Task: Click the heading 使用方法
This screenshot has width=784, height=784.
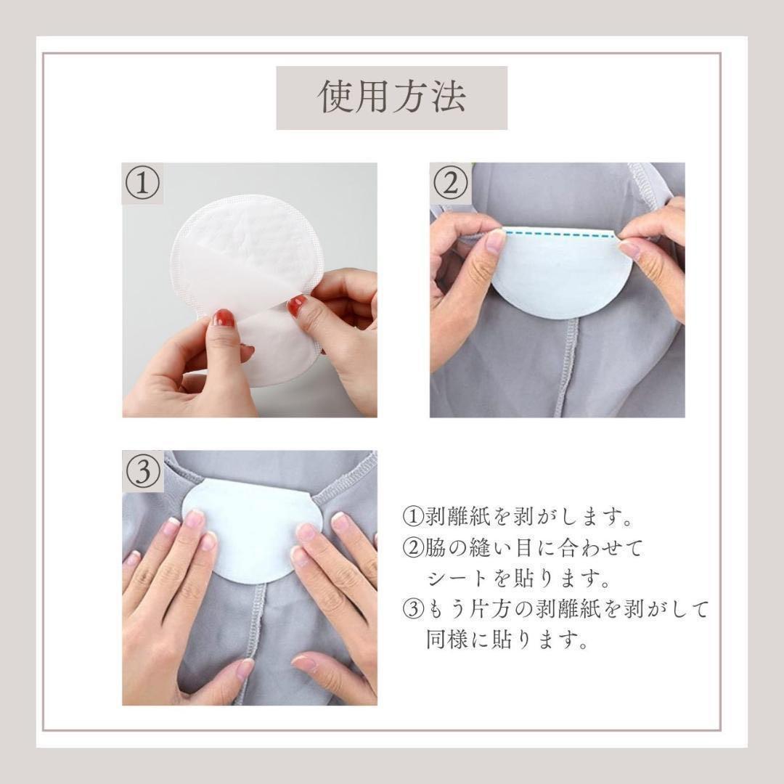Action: pos(392,97)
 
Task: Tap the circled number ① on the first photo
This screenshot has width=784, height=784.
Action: pos(142,183)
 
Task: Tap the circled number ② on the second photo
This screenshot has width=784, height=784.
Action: pos(450,183)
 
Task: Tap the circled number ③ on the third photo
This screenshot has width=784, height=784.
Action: pos(142,472)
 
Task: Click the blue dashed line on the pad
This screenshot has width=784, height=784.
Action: pos(559,234)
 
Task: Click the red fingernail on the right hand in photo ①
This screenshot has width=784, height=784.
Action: pos(296,305)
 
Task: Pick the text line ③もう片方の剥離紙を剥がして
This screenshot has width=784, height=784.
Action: pos(555,611)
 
